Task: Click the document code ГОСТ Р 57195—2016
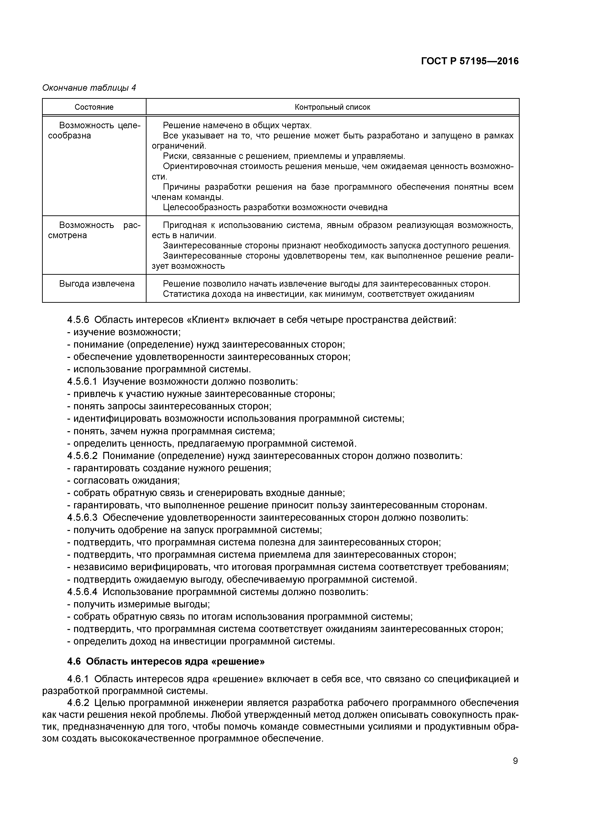coord(470,61)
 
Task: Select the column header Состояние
coord(94,107)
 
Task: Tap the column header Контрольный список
coord(332,107)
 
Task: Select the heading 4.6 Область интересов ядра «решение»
coord(166,661)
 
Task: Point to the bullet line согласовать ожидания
coord(123,480)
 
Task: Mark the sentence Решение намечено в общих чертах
coord(237,126)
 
